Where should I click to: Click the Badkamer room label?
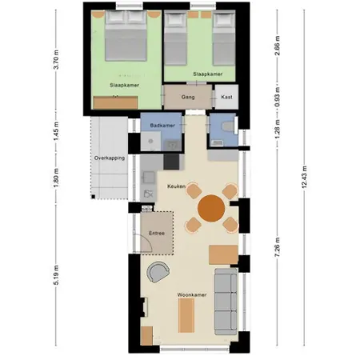point(162,126)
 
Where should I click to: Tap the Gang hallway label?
point(188,97)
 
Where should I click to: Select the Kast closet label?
point(226,97)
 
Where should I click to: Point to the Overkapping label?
point(110,158)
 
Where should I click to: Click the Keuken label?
point(176,186)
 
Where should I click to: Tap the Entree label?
point(157,234)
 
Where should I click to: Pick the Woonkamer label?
point(192,295)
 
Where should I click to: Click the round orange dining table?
point(211,208)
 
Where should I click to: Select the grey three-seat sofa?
point(226,302)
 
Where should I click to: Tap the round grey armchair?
point(158,272)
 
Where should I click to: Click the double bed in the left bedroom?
point(126,36)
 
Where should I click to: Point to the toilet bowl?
point(229,126)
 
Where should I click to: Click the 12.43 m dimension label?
point(304,178)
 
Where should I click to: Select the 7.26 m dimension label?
point(278,247)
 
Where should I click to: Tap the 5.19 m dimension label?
point(56,275)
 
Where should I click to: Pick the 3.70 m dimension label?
point(56,59)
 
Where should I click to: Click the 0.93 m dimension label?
point(278,97)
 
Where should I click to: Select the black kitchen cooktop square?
point(171,162)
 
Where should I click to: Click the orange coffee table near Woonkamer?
point(186,315)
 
